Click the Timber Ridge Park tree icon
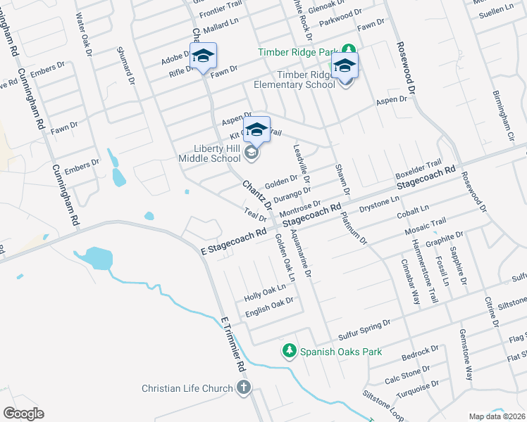pyautogui.click(x=348, y=51)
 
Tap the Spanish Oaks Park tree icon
pyautogui.click(x=288, y=351)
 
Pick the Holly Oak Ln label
pyautogui.click(x=264, y=290)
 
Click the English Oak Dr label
pyautogui.click(x=269, y=303)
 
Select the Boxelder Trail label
pyautogui.click(x=417, y=168)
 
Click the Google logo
pyautogui.click(x=23, y=414)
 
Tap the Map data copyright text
pyautogui.click(x=496, y=416)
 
